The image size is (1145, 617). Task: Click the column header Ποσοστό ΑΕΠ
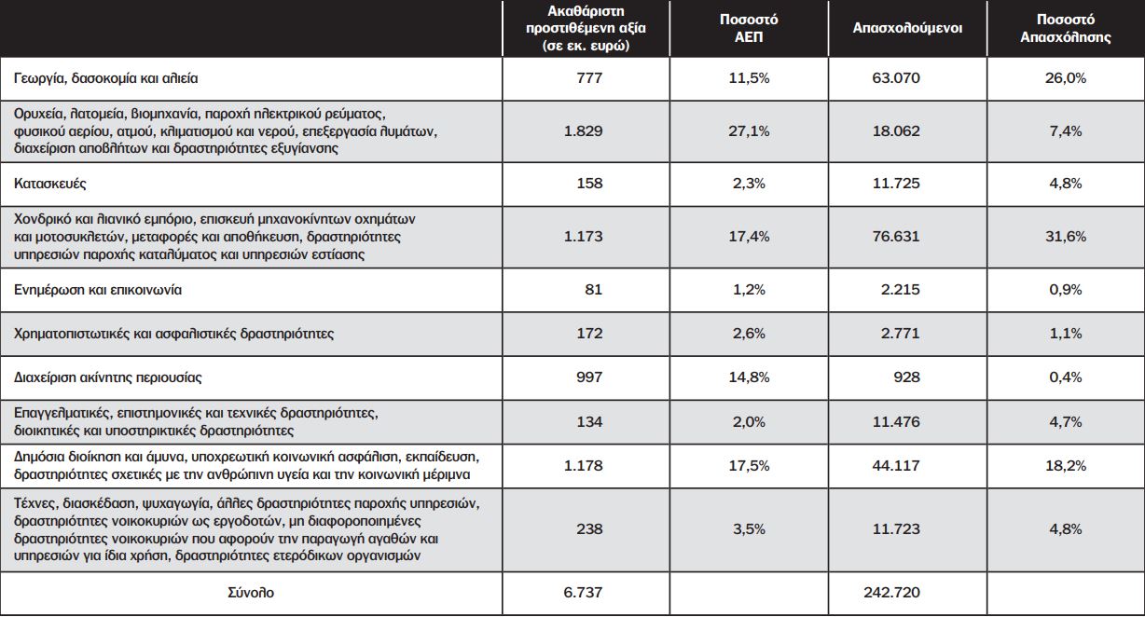749,28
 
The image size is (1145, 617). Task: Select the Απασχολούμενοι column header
907,28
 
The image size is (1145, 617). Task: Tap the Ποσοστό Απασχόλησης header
1066,28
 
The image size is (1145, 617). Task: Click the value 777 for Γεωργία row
589,78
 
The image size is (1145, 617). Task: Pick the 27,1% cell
749,131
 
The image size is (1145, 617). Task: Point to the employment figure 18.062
896,131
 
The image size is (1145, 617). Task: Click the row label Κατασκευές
50,184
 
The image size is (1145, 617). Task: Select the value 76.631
896,237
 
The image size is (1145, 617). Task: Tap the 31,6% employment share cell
1066,237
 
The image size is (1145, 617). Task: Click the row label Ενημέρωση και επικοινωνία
98,290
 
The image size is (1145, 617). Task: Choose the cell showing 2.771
900,334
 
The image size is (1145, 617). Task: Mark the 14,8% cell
749,377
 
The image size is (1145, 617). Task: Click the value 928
906,377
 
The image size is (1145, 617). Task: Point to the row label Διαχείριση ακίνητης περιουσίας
108,377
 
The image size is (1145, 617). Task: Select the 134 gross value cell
589,422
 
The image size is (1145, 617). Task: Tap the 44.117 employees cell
896,466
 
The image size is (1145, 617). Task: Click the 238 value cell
589,529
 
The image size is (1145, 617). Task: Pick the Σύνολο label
251,593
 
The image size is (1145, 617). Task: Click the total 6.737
584,593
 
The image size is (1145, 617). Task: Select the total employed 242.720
892,593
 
